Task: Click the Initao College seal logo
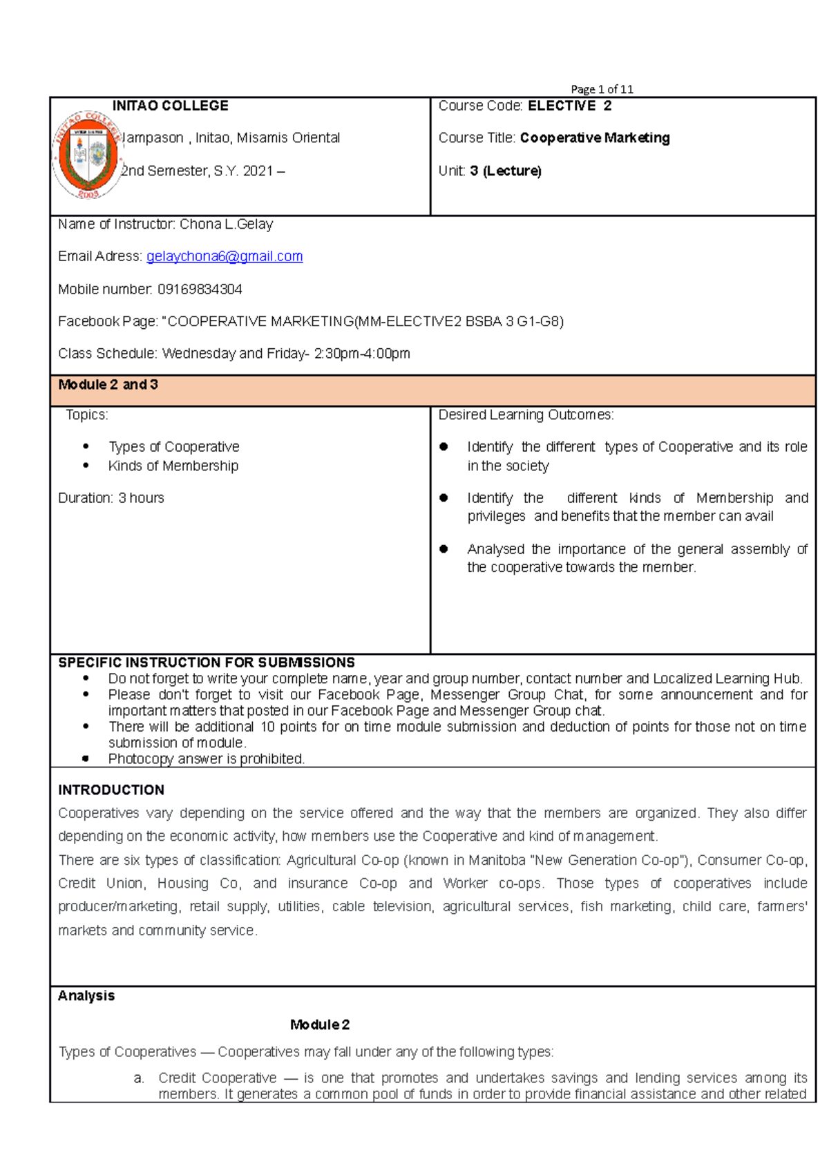coord(88,154)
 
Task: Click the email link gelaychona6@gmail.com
coord(225,256)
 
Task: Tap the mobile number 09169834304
coord(200,289)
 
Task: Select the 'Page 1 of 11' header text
coord(602,89)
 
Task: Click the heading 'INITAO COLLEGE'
coord(170,106)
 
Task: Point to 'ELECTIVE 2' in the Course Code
coord(569,106)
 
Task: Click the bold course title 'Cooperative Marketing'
coord(595,138)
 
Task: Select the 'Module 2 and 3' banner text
coord(108,385)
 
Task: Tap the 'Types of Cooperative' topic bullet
coord(173,447)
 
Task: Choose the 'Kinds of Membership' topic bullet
coord(173,466)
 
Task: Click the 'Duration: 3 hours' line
coord(111,498)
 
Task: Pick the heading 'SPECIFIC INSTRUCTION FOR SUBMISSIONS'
coord(207,662)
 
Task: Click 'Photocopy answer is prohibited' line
coord(206,759)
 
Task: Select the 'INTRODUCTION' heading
coord(111,790)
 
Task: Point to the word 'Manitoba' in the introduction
coord(497,861)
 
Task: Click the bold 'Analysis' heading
coord(86,996)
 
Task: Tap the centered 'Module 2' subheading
coord(320,1025)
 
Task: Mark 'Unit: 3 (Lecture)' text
coord(490,171)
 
